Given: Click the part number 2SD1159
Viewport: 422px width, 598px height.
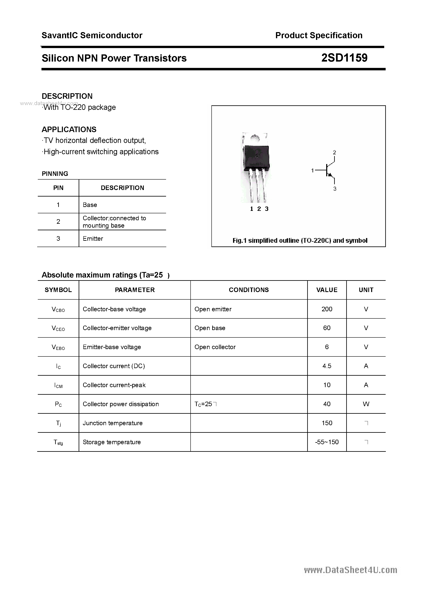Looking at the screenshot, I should click(x=344, y=58).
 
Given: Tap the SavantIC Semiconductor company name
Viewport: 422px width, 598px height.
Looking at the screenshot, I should click(x=92, y=35).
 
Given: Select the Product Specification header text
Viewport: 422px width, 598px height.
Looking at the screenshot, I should click(x=319, y=35).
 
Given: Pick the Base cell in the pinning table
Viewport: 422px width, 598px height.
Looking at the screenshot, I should click(x=90, y=205).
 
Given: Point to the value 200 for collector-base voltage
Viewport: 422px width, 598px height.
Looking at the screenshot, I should click(x=327, y=309).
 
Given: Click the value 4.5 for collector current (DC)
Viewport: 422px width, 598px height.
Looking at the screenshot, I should click(x=327, y=366).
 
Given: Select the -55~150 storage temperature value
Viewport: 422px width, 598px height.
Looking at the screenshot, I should click(x=327, y=442).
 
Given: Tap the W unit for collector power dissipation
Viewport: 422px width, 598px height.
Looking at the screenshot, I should click(x=366, y=404).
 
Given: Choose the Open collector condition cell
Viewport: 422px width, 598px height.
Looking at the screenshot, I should click(x=215, y=347).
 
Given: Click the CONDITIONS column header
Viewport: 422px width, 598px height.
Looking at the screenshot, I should click(x=249, y=290).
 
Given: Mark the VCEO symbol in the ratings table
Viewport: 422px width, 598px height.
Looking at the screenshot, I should click(x=58, y=328).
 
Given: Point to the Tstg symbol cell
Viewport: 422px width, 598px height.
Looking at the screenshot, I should click(x=58, y=442).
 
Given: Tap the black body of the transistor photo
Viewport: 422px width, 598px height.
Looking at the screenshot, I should click(x=257, y=157).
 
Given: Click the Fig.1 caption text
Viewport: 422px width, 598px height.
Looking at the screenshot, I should click(x=300, y=240).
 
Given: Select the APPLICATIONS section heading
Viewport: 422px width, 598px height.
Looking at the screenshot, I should click(x=69, y=129).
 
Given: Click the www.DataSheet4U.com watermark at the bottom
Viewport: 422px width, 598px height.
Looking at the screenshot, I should click(x=351, y=570).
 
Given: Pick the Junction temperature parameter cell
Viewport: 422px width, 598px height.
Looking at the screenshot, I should click(x=113, y=423).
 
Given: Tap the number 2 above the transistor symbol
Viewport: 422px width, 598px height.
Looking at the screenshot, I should click(x=334, y=152).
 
